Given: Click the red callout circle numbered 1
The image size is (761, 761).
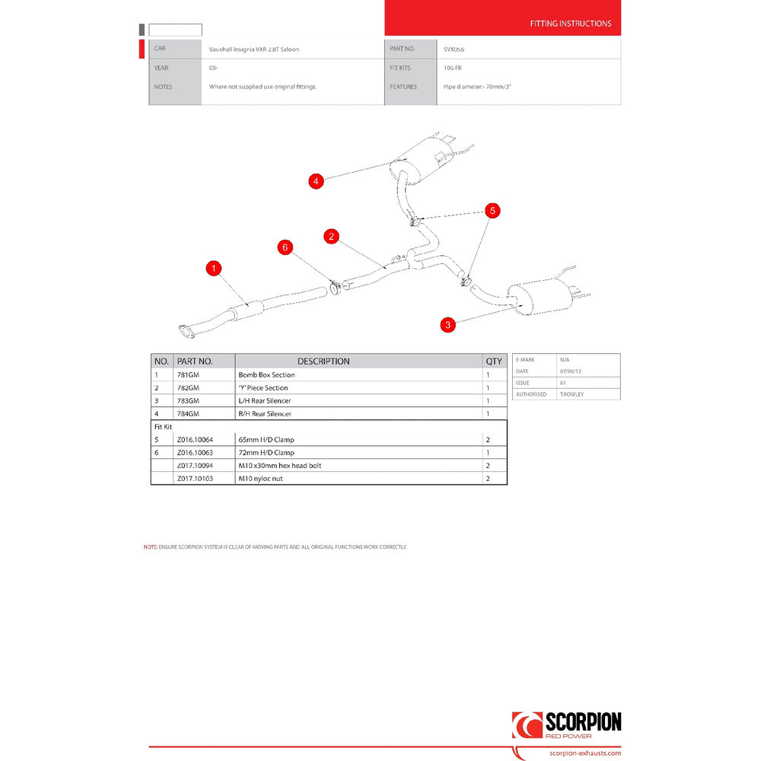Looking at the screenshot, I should point(215,268).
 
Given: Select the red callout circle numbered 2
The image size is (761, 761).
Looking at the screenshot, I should point(331,236).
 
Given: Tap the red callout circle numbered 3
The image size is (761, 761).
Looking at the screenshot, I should point(448,325).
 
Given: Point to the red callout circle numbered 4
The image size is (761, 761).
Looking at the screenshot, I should point(316,181).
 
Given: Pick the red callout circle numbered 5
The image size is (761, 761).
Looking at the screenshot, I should point(492,210).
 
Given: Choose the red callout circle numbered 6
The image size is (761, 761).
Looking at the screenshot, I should point(285,247).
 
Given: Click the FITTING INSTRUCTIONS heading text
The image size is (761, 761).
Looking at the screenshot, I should point(570,24).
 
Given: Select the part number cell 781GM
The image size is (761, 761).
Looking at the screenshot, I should point(188,375).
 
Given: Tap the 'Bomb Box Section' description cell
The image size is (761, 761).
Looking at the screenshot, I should point(266,375).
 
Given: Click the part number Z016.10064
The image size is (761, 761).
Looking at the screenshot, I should point(195,440).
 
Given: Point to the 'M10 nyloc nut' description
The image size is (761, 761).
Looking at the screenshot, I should point(260,479).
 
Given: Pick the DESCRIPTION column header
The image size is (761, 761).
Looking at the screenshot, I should point(323,361).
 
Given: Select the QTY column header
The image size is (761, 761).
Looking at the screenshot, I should point(495,361).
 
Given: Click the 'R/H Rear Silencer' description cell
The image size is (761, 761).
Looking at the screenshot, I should point(265,414).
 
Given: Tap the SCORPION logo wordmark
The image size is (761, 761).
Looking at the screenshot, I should point(583,722).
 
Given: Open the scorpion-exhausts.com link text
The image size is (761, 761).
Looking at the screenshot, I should point(584,753).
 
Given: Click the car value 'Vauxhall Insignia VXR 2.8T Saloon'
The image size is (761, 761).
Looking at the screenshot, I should point(254,49).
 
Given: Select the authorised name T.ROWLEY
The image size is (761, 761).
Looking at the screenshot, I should point(572,394).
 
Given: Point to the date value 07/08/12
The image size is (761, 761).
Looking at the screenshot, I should point(570,371).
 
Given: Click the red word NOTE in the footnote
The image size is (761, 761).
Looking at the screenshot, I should point(149,547).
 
